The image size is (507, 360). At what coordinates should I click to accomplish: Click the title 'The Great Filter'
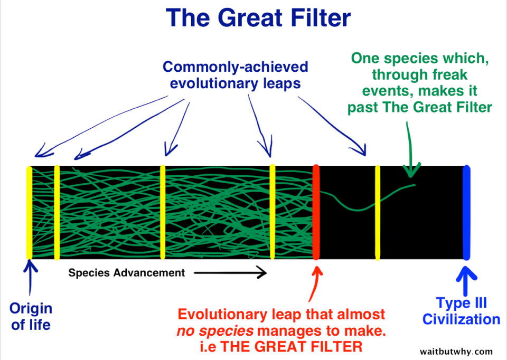click(x=258, y=18)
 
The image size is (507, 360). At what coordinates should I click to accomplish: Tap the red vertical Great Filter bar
click(x=316, y=212)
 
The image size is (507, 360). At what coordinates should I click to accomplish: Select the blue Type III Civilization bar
click(x=466, y=212)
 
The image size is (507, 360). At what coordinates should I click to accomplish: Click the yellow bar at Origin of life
click(x=29, y=212)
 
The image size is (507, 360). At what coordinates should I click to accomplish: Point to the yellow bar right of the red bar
click(x=377, y=212)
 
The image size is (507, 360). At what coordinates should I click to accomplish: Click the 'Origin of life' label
click(x=31, y=316)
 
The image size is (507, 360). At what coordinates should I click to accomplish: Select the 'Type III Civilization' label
click(x=462, y=311)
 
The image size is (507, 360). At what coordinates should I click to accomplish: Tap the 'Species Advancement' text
click(x=126, y=273)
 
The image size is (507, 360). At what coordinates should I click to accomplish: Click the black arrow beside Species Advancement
click(x=230, y=272)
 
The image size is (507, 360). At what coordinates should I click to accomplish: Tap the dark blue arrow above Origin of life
click(x=30, y=277)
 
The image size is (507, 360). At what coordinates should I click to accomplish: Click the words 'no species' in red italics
click(x=215, y=331)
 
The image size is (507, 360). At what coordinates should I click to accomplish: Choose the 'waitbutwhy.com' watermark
click(x=456, y=351)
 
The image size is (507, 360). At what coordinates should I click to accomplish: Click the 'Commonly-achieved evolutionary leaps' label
click(x=236, y=75)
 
